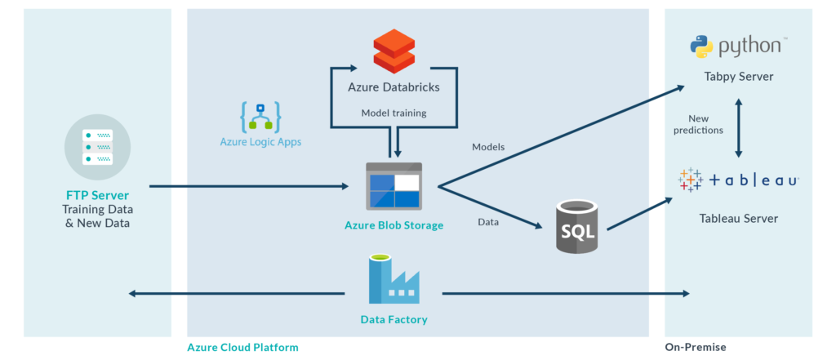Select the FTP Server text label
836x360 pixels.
tap(97, 196)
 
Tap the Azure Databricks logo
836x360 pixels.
tap(394, 51)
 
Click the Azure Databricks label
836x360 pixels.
tap(394, 87)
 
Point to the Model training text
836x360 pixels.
tap(394, 113)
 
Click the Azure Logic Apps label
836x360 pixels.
tap(261, 142)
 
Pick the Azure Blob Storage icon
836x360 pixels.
tap(394, 186)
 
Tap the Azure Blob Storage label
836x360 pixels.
tap(394, 225)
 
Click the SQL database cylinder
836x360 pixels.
tap(577, 225)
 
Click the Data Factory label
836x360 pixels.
tap(394, 319)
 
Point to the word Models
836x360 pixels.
tap(488, 147)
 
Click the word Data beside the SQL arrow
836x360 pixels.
tap(488, 222)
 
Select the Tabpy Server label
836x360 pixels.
tap(738, 77)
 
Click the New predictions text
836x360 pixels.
tap(698, 124)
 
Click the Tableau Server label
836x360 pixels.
tap(738, 218)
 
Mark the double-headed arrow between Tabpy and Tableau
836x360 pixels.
tap(739, 128)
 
